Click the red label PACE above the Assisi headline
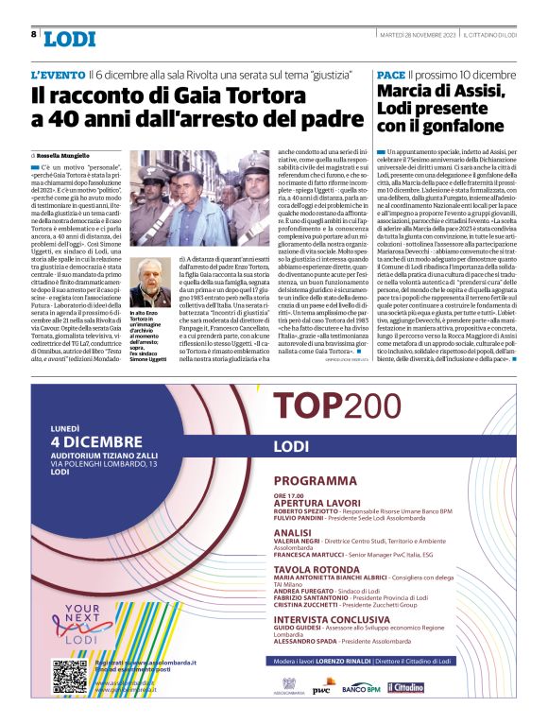click(390, 74)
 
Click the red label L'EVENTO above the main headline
click(56, 74)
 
